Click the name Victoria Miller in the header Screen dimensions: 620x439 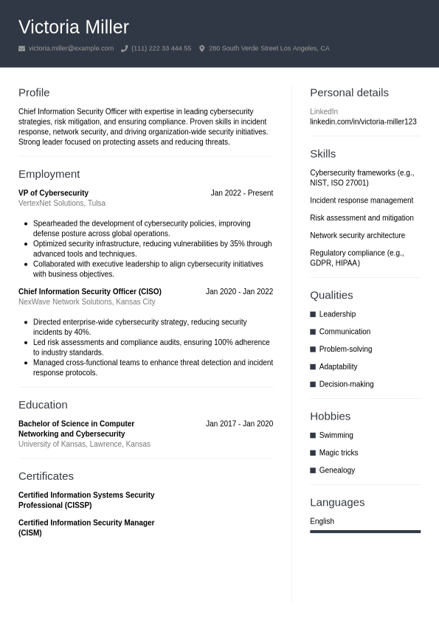pyautogui.click(x=74, y=27)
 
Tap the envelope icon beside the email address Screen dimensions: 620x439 pyautogui.click(x=21, y=49)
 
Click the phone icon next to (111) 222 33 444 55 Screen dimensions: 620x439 pyautogui.click(x=124, y=49)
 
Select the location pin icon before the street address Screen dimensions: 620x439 pyautogui.click(x=202, y=49)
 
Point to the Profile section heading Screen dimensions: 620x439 pyautogui.click(x=34, y=93)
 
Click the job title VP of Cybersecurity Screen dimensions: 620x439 pyautogui.click(x=53, y=193)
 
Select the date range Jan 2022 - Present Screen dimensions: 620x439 pyautogui.click(x=241, y=193)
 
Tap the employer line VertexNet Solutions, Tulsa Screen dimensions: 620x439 pyautogui.click(x=62, y=203)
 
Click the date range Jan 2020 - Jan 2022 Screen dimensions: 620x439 pyautogui.click(x=239, y=292)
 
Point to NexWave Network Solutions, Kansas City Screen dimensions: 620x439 pyautogui.click(x=86, y=302)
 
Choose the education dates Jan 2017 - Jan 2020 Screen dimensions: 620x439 pyautogui.click(x=239, y=424)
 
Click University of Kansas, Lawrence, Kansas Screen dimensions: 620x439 pyautogui.click(x=84, y=445)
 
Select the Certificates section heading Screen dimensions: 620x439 pyautogui.click(x=46, y=476)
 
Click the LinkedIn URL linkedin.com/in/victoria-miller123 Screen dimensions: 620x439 pyautogui.click(x=363, y=122)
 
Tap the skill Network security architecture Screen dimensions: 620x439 pyautogui.click(x=357, y=236)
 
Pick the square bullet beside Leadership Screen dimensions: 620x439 pyautogui.click(x=313, y=314)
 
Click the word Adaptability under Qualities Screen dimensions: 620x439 pyautogui.click(x=338, y=367)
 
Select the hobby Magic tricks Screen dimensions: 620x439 pyautogui.click(x=339, y=453)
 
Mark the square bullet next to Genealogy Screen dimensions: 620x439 pyautogui.click(x=313, y=470)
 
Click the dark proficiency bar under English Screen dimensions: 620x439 pyautogui.click(x=365, y=532)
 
